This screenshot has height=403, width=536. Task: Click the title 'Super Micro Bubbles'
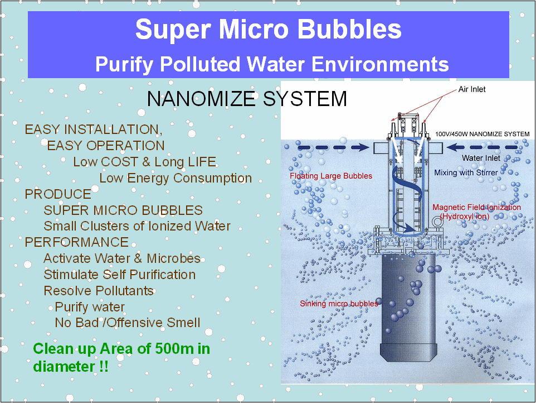(x=269, y=29)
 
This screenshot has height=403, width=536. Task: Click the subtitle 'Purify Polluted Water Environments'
(x=272, y=64)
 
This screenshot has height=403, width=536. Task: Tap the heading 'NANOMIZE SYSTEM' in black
(x=247, y=99)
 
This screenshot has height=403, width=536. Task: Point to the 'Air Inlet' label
(x=472, y=89)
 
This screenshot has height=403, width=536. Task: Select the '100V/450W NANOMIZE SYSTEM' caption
(x=483, y=134)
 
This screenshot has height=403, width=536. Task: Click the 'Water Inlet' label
(x=481, y=158)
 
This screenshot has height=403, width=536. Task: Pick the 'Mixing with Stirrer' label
(x=466, y=172)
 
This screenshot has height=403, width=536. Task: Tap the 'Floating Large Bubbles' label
(x=331, y=176)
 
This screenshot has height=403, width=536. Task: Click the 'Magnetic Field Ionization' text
(x=476, y=207)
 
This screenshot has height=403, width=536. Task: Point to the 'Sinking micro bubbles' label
(x=339, y=303)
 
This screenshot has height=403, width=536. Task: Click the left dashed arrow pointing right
(x=334, y=147)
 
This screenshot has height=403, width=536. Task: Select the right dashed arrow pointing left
(x=483, y=147)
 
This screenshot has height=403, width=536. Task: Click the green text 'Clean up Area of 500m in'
(x=121, y=349)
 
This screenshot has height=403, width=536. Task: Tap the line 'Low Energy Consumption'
(x=176, y=178)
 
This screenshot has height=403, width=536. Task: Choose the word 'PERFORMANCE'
(x=76, y=242)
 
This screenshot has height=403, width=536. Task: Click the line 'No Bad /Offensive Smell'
(x=128, y=323)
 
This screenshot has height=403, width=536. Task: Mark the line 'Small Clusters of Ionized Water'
(x=137, y=226)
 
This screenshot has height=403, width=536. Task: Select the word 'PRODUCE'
(x=58, y=194)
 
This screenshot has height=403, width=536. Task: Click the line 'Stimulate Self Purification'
(x=120, y=275)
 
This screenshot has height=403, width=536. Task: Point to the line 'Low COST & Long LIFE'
(x=145, y=162)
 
